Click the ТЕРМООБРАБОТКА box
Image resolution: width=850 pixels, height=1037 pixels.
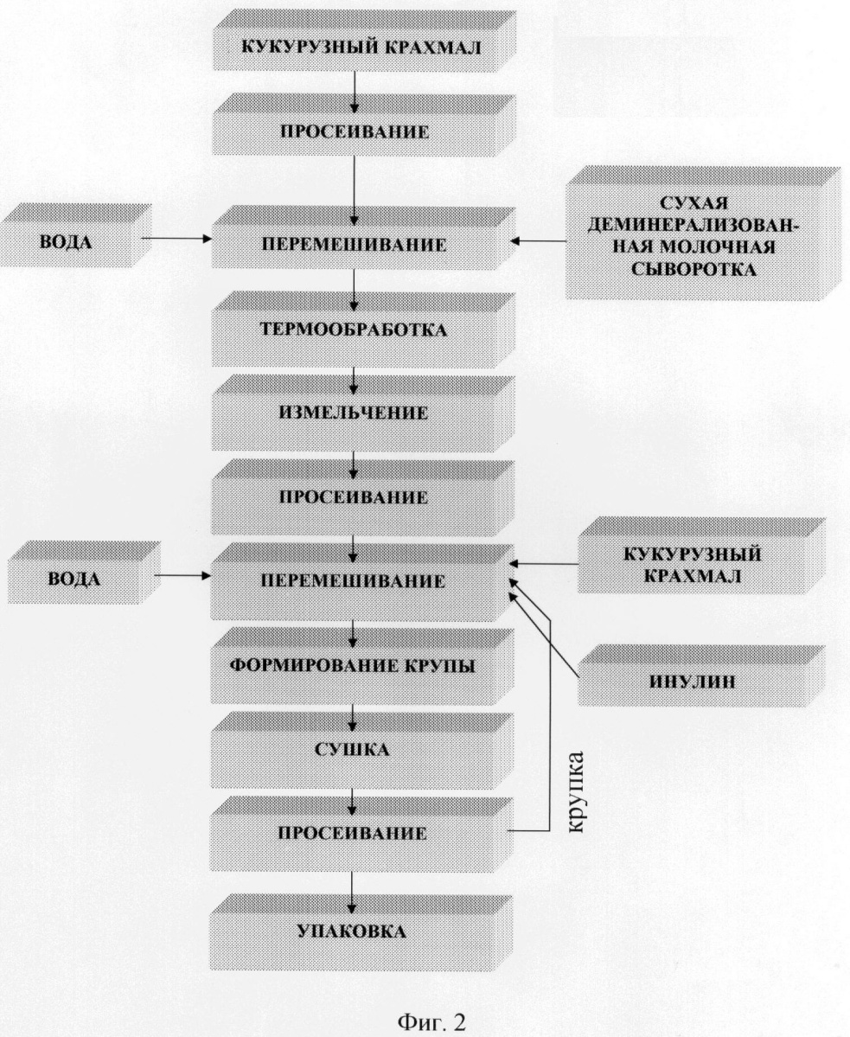362,330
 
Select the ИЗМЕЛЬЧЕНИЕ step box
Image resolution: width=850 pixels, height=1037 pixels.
362,413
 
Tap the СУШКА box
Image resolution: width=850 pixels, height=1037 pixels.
362,750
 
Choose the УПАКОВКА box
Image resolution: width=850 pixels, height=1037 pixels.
362,932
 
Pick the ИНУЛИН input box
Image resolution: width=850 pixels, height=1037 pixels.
701,675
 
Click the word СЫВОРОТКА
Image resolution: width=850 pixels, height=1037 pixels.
693,270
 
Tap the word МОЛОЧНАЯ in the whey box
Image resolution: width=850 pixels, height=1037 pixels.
728,248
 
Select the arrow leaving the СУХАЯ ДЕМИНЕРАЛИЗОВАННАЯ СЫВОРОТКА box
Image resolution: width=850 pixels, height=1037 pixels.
540,240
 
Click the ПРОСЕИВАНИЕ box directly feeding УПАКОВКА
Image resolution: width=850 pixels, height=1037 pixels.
362,833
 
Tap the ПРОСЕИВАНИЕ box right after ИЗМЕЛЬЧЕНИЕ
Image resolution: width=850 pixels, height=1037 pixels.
362,497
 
